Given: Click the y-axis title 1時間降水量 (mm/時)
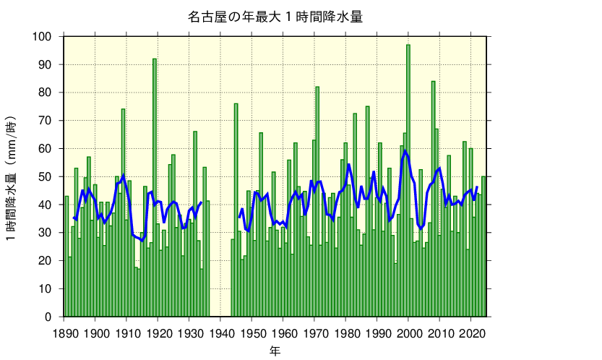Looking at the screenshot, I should (13, 177).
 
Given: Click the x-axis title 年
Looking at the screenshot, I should (275, 351).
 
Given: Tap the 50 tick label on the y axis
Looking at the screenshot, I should (46, 177).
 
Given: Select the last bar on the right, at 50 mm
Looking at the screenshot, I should (483, 247).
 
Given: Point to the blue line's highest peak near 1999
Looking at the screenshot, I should (405, 150).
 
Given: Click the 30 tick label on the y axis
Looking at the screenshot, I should (46, 233).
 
